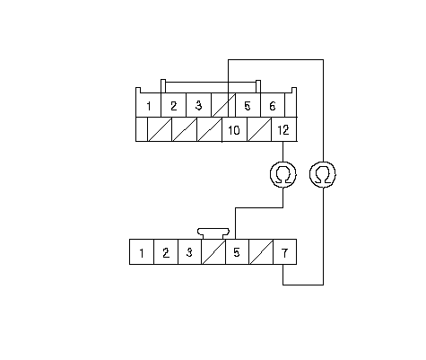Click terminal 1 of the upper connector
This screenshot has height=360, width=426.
149,105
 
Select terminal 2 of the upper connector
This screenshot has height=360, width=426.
174,105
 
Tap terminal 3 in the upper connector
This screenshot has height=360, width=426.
199,105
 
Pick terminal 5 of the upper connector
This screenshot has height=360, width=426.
248,105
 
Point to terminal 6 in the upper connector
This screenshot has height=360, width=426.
273,105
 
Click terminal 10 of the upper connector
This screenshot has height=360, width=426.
234,129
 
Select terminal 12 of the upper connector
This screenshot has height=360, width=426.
283,129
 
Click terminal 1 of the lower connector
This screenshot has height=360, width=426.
142,252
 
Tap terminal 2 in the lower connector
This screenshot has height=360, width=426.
166,252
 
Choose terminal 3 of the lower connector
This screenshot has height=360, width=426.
190,252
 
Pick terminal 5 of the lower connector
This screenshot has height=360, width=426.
237,252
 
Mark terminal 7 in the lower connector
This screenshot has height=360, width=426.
285,252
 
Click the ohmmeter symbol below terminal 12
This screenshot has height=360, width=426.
283,175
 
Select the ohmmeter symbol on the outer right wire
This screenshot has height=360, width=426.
323,175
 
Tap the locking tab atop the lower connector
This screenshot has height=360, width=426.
213,233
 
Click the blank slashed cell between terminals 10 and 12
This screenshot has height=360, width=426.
259,129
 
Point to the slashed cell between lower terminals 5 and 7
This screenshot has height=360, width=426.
261,252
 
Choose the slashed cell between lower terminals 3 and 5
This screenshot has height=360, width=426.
213,252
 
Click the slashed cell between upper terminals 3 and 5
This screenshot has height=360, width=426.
223,105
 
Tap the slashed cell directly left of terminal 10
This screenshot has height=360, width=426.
209,129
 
